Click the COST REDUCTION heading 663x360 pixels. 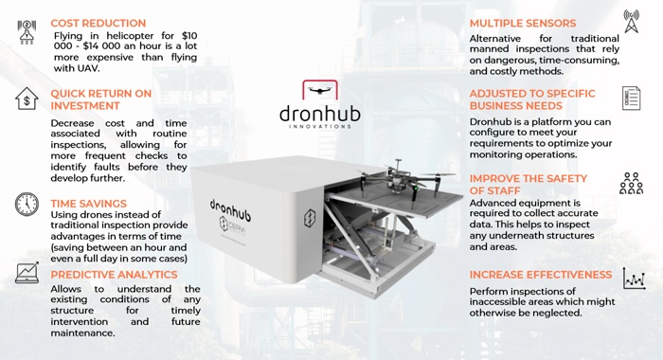click(99, 23)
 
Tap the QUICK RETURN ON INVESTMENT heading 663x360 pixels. click(100, 99)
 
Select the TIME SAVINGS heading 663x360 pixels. click(88, 203)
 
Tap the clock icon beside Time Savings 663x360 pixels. click(27, 204)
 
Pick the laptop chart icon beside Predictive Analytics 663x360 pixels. click(27, 274)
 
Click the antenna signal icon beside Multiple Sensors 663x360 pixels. click(632, 22)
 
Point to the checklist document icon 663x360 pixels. click(632, 98)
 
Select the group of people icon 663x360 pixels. click(631, 183)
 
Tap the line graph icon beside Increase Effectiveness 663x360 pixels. click(633, 279)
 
